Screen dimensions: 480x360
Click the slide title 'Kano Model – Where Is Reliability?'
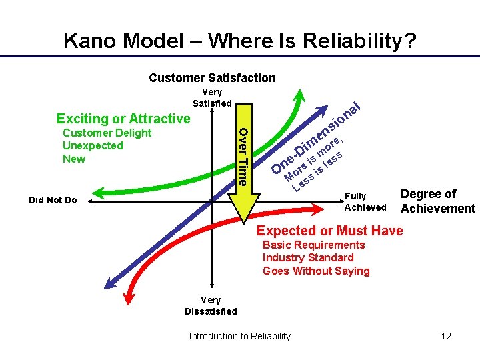coord(240,41)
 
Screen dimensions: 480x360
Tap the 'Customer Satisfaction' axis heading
coord(212,78)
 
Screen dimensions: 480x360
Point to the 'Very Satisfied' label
coord(212,97)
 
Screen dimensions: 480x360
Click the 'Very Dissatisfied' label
coord(211,305)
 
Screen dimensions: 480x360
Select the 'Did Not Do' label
coord(53,200)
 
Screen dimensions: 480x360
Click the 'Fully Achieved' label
coord(365,201)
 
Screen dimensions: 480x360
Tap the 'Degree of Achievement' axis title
coord(437,201)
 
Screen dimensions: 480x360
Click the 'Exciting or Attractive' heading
coord(123,119)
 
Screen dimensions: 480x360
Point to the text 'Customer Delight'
coord(107,133)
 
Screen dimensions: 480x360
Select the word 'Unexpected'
coord(93,145)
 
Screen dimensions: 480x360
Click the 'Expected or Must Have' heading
coord(330,231)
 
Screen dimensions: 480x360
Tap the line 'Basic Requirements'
coord(313,245)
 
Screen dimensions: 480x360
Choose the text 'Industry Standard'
coord(308,257)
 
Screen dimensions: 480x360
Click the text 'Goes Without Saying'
coord(316,271)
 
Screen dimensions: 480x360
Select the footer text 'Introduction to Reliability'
coord(240,336)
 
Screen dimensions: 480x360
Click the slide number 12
coord(446,336)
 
